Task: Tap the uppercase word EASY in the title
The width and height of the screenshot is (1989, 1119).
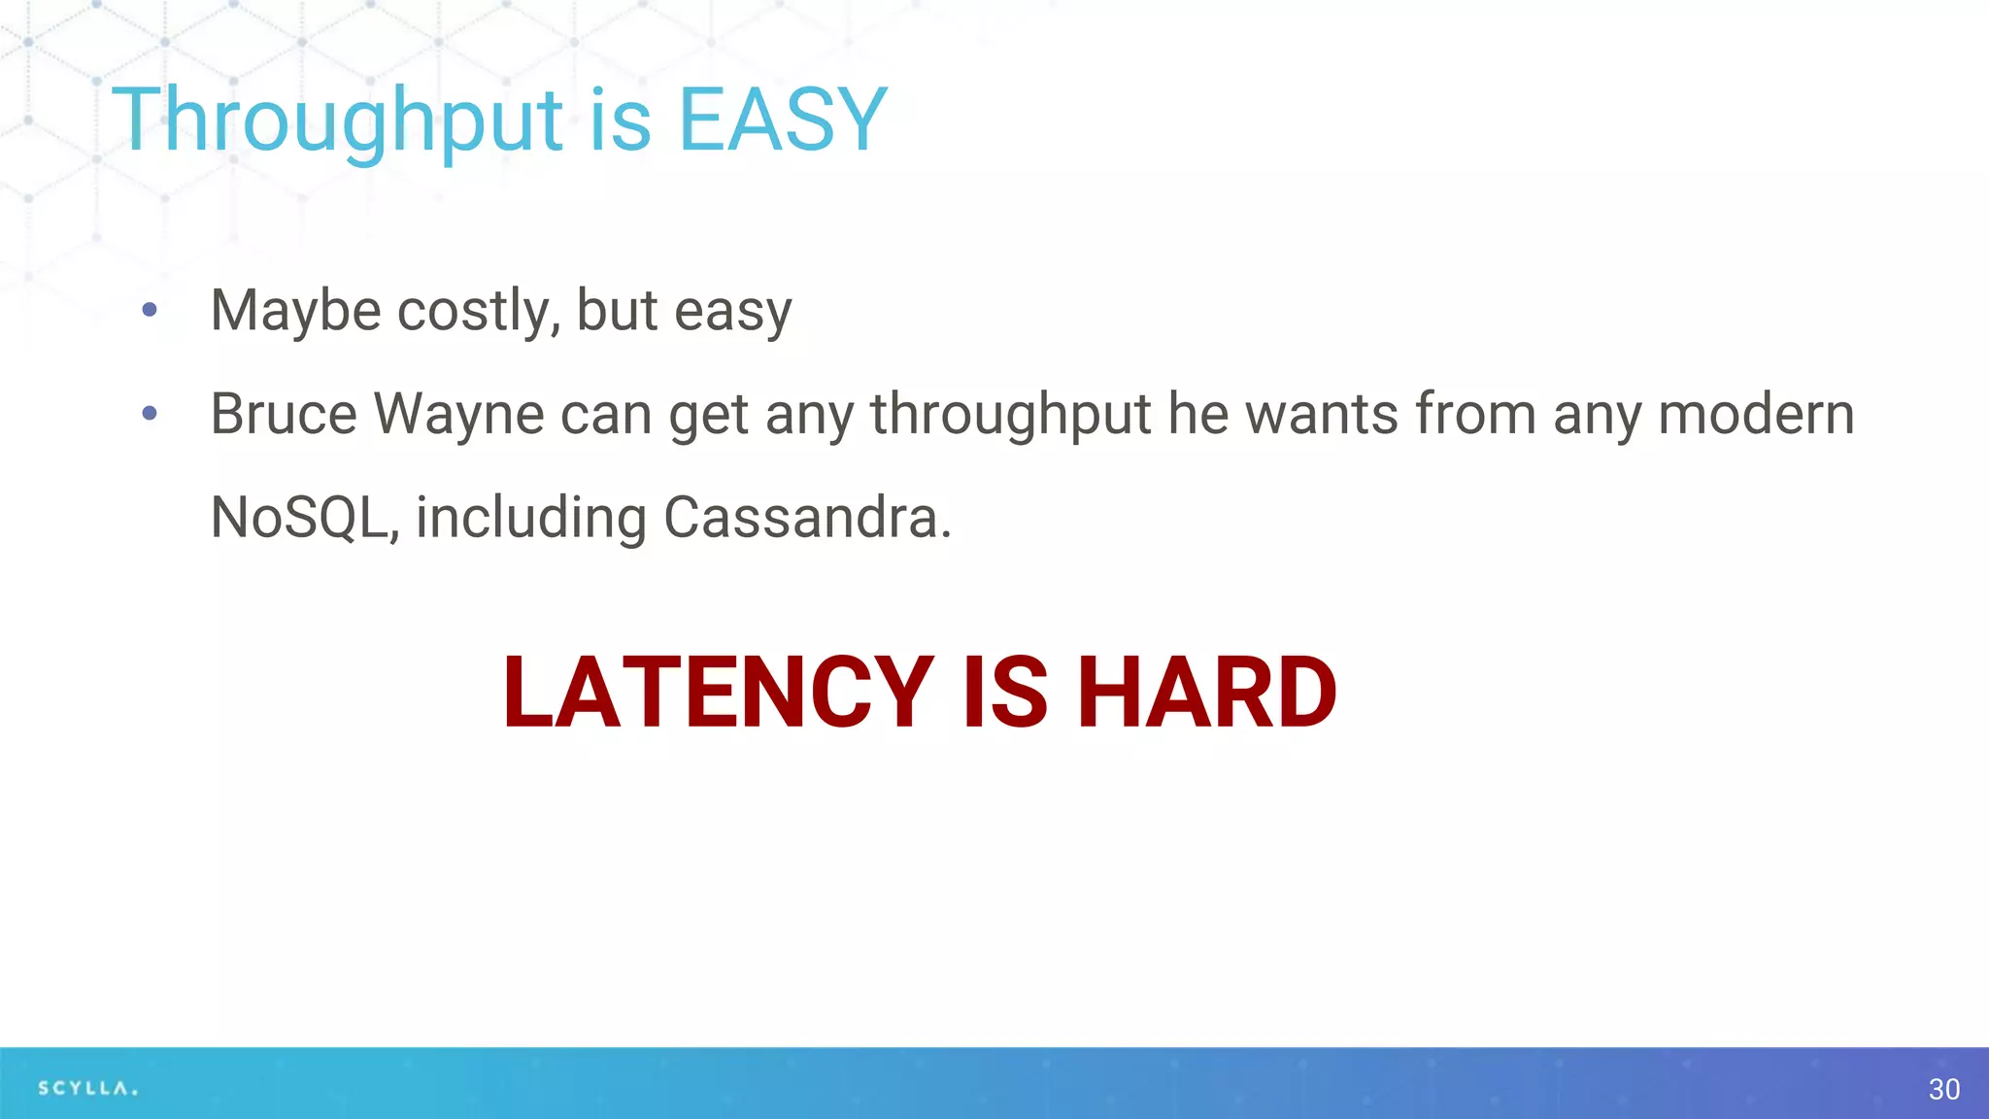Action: pyautogui.click(x=782, y=120)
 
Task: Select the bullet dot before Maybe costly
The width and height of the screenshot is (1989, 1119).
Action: pyautogui.click(x=150, y=310)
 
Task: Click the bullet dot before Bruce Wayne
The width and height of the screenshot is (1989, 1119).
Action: pyautogui.click(x=150, y=414)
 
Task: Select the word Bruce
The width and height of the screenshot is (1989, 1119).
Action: pyautogui.click(x=284, y=414)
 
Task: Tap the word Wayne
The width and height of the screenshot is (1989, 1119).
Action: pyautogui.click(x=458, y=414)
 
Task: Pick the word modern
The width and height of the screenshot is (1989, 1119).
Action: pyautogui.click(x=1756, y=414)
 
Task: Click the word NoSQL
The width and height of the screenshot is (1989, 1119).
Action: pyautogui.click(x=304, y=517)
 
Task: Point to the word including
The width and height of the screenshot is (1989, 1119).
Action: pyautogui.click(x=531, y=517)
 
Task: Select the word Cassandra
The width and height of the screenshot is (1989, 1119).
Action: pyautogui.click(x=806, y=517)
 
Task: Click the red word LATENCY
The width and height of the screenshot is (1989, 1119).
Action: pyautogui.click(x=718, y=692)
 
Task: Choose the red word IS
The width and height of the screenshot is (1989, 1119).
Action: pyautogui.click(x=1005, y=692)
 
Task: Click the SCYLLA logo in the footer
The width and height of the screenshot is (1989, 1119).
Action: pyautogui.click(x=87, y=1088)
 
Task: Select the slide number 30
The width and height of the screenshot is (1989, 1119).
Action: pyautogui.click(x=1943, y=1089)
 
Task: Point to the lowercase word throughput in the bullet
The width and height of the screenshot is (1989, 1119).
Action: pyautogui.click(x=1010, y=414)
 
